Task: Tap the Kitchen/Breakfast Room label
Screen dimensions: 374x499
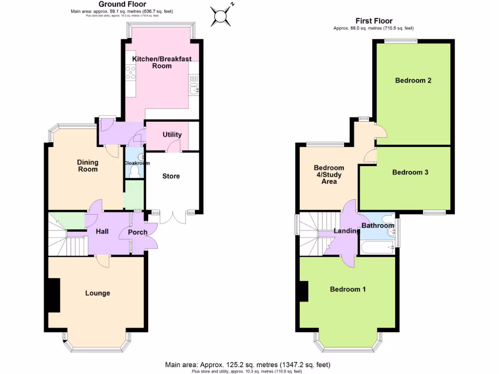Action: [x=162, y=62]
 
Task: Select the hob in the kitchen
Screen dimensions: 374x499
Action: [x=131, y=73]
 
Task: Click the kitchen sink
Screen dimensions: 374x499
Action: [x=195, y=88]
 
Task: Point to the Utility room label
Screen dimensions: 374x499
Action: [x=172, y=135]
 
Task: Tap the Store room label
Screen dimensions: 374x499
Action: [x=171, y=176]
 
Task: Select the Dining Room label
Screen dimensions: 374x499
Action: [x=88, y=166]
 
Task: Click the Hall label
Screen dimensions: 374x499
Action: [x=102, y=232]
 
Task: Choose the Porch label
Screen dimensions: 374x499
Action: [x=137, y=232]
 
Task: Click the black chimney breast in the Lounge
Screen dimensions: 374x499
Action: [x=53, y=295]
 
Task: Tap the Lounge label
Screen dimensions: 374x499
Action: [x=97, y=293]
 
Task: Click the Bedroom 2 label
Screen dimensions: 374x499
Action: [x=413, y=80]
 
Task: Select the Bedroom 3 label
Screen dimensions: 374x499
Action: [x=410, y=172]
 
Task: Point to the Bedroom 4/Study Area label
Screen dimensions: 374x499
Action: [x=329, y=174]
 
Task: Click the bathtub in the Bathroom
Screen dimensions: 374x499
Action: [x=378, y=247]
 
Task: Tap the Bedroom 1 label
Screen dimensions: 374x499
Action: [x=348, y=289]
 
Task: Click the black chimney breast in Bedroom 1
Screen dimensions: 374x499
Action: [x=303, y=292]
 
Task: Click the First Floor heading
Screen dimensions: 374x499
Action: [x=373, y=21]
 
